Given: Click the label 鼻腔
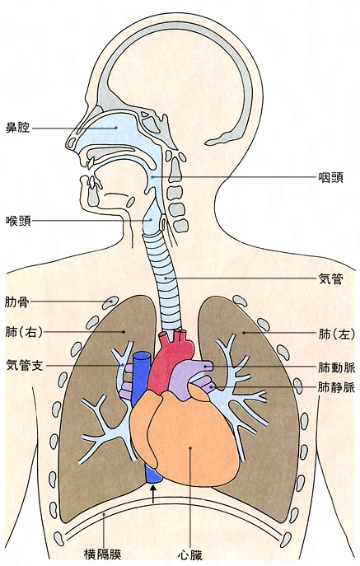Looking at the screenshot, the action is point(17,128).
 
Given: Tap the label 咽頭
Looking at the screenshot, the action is point(330,177).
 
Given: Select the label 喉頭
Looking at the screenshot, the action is point(18,221).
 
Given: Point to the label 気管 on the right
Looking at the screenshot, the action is point(330,278).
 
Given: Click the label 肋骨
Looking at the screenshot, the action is point(17,302).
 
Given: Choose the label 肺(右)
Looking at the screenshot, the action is point(24,332).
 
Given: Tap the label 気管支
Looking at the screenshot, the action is point(25,365).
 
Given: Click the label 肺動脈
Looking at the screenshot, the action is point(337,367).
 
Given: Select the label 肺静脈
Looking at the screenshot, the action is point(337,387).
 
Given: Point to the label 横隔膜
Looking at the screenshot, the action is point(102,554).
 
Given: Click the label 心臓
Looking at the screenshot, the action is point(190,554).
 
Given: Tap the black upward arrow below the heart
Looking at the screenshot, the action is point(153,493).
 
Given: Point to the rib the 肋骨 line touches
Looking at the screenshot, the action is point(110,302).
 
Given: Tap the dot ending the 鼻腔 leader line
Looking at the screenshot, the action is point(116,128).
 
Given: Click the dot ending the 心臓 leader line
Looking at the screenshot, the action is point(190,448).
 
